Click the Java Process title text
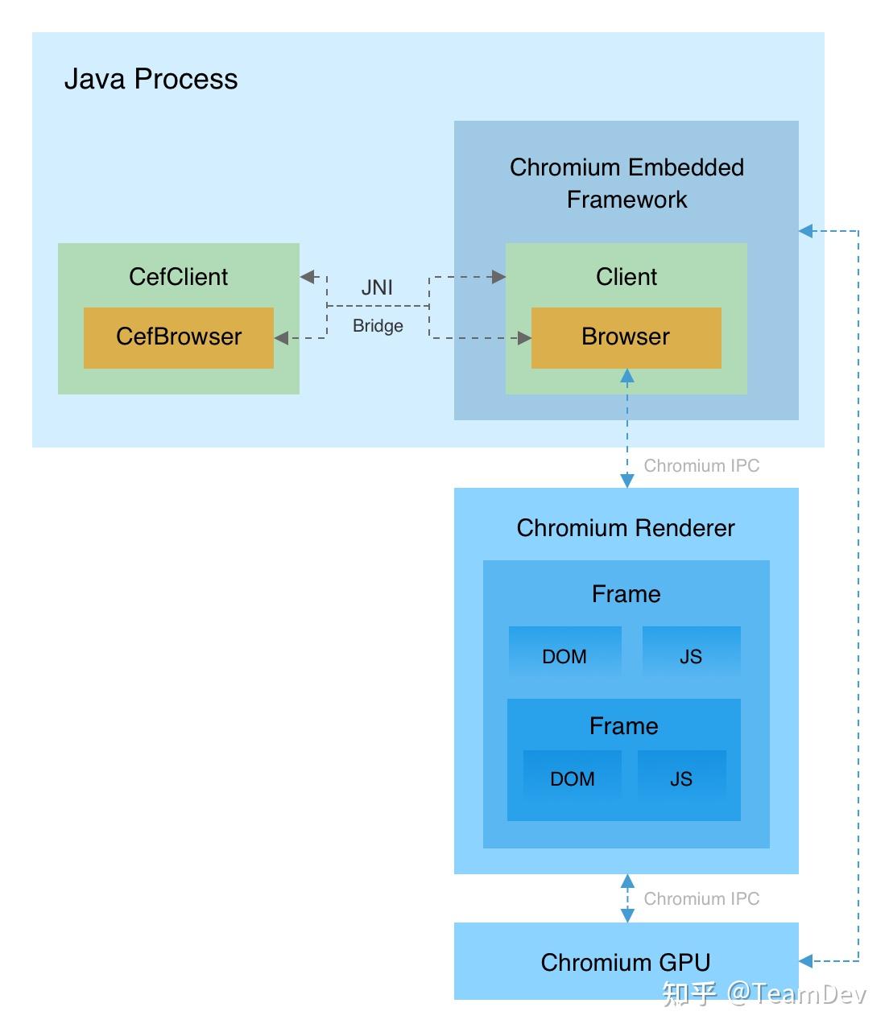coord(151,79)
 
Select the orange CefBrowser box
coord(178,337)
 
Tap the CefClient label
coord(178,277)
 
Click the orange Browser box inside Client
coord(626,337)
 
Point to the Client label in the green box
coord(626,277)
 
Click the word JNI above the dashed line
coord(377,287)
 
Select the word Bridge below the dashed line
coord(378,326)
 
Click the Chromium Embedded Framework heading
coord(626,183)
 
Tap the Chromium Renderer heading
coord(626,528)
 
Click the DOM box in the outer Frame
coord(564,656)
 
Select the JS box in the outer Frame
coord(691,656)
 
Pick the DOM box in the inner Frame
coord(572,778)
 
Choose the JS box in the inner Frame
coord(681,778)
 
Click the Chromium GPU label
coord(626,963)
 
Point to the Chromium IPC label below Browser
coord(701,466)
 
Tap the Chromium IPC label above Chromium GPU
coord(701,899)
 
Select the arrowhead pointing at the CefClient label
coord(307,277)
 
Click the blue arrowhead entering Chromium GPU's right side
coord(806,960)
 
